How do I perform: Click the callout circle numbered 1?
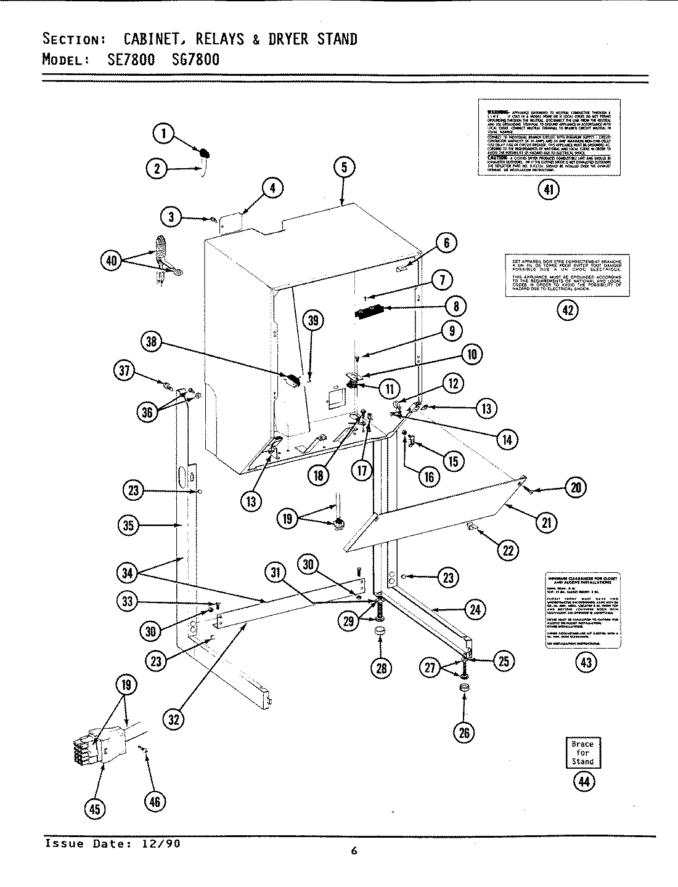pyautogui.click(x=163, y=134)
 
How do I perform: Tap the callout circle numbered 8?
pyautogui.click(x=455, y=306)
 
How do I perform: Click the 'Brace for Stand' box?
pyautogui.click(x=582, y=752)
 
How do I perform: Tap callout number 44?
pyautogui.click(x=583, y=782)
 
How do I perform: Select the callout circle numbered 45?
pyautogui.click(x=94, y=809)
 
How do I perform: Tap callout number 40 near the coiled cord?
pyautogui.click(x=112, y=261)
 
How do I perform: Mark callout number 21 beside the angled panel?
pyautogui.click(x=546, y=523)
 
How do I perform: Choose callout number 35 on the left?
pyautogui.click(x=129, y=525)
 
